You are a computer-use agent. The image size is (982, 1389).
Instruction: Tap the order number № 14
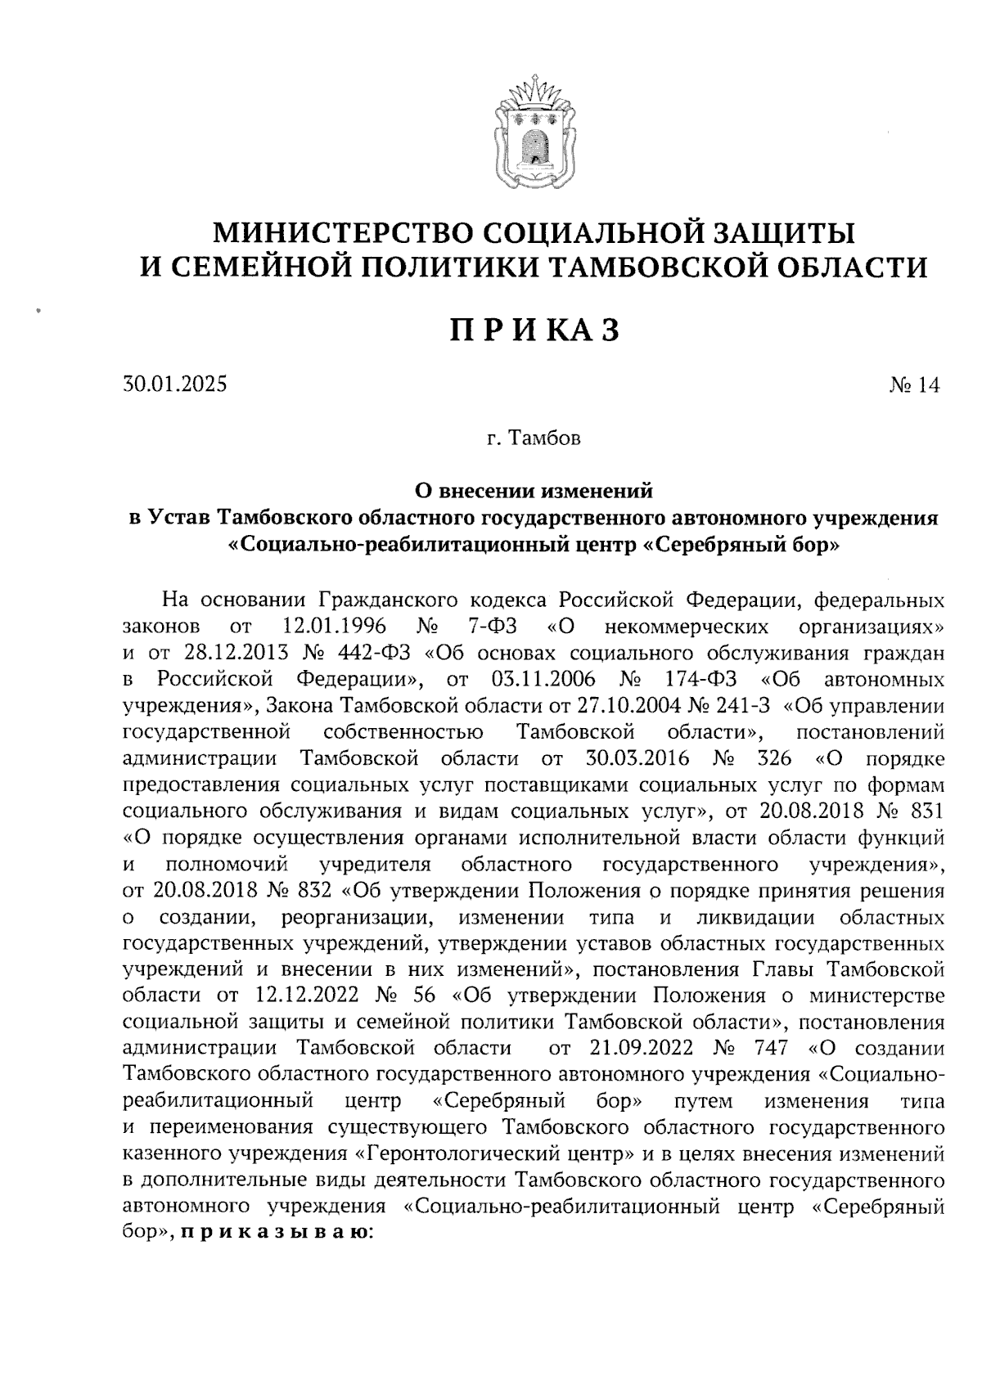(916, 384)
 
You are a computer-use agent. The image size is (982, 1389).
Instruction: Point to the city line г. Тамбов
(533, 439)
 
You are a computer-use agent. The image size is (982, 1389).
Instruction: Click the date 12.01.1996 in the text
(334, 627)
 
